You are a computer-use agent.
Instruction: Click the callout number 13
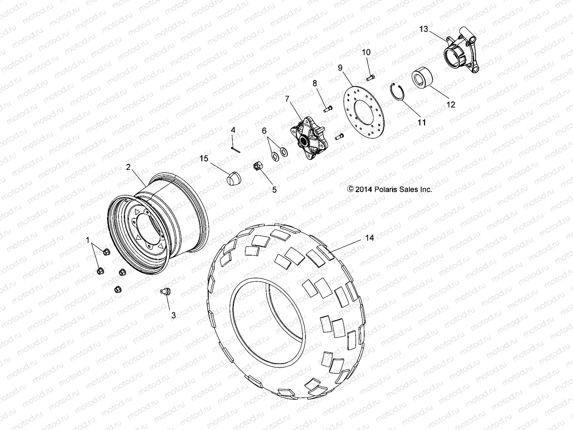tap(423, 29)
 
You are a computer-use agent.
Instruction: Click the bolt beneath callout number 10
tap(371, 76)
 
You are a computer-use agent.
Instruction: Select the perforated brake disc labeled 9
tap(363, 107)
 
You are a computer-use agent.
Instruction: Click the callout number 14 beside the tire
tap(369, 238)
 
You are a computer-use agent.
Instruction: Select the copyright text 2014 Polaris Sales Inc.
tap(390, 189)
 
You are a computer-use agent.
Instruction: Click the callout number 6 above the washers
tap(264, 131)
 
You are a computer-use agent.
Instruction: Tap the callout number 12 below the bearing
tap(451, 104)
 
